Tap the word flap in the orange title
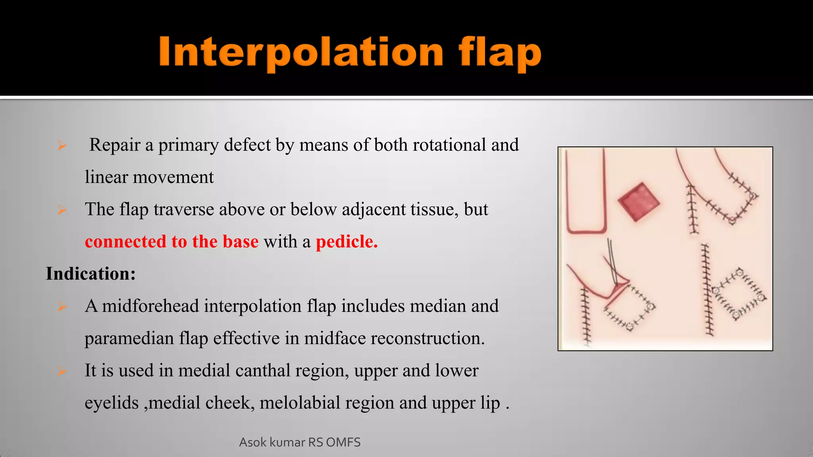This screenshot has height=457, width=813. click(500, 54)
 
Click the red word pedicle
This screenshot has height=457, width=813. click(346, 241)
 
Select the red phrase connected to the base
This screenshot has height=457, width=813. click(171, 241)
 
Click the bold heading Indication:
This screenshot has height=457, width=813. click(91, 274)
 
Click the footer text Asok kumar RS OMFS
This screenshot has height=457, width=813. click(300, 442)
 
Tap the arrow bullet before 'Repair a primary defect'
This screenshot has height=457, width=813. click(62, 146)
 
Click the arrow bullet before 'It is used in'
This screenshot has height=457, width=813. click(62, 371)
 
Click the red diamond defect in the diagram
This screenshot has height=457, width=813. click(639, 202)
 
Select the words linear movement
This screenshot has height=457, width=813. click(149, 177)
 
